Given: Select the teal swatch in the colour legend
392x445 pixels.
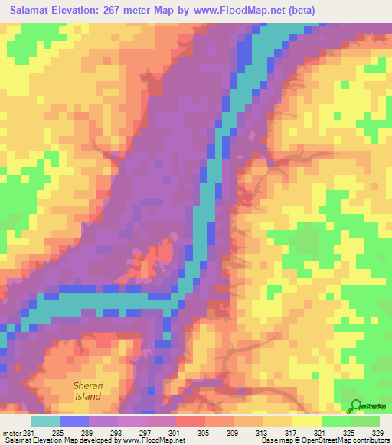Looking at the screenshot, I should click(x=45, y=421).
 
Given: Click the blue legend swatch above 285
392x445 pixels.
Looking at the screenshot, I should click(x=74, y=421).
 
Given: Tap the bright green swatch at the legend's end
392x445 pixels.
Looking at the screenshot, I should click(x=364, y=421).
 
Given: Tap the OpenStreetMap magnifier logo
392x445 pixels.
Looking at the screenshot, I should click(x=357, y=406).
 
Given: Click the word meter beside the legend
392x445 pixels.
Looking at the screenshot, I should click(x=11, y=432).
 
